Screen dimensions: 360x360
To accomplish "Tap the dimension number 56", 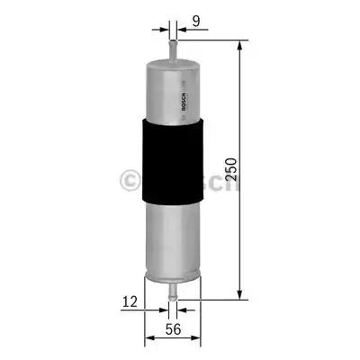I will [x=172, y=331].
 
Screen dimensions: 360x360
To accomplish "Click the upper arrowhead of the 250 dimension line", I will [x=239, y=45].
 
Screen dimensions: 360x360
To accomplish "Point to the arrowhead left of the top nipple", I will [x=163, y=27].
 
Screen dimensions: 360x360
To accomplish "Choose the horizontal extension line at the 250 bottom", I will [x=216, y=299].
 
